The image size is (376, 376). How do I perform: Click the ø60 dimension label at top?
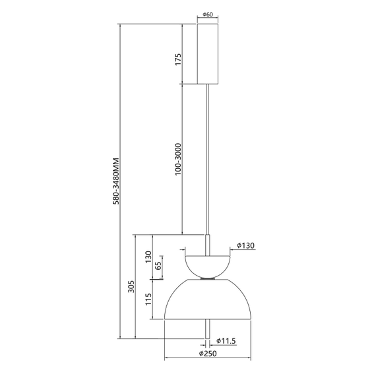[x=207, y=15]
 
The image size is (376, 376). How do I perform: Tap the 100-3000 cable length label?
[x=177, y=160]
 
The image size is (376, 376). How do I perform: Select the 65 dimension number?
[x=158, y=266]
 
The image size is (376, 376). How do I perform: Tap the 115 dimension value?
[x=149, y=299]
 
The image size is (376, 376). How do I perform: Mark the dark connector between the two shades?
[x=207, y=280]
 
